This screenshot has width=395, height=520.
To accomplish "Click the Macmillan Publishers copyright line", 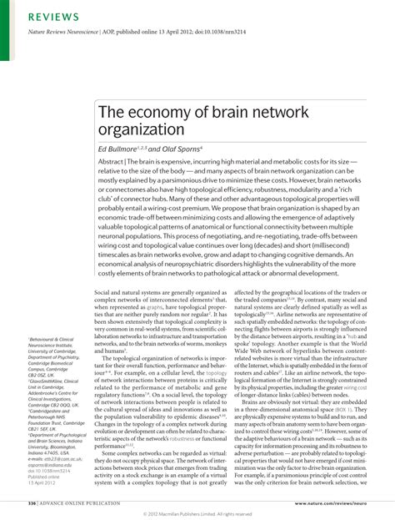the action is coord(197,513).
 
